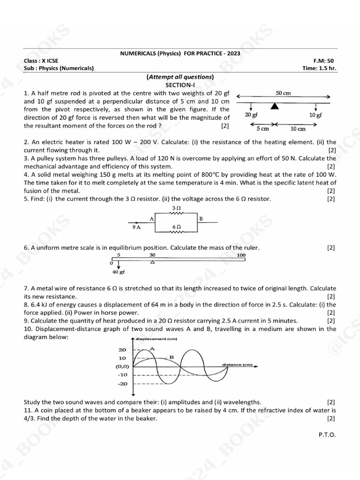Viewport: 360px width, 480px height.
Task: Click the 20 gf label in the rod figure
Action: coord(251,115)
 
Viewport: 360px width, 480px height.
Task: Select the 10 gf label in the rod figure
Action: coord(315,115)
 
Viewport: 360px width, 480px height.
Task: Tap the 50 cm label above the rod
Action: coord(283,93)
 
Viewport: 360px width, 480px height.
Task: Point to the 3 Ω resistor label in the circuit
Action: coord(177,207)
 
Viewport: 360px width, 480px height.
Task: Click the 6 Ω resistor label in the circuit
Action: coord(177,226)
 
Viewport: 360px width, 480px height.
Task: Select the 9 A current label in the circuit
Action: coord(137,226)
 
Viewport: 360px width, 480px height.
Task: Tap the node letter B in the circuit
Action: coord(201,218)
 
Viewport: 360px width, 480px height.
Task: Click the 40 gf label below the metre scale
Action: coord(119,271)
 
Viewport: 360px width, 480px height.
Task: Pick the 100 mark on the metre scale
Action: coord(241,255)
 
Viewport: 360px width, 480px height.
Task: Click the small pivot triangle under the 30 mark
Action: coord(151,262)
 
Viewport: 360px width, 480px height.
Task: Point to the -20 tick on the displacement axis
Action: coord(122,384)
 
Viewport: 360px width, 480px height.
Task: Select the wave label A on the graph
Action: coord(151,349)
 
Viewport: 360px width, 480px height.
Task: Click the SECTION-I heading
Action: coord(180,85)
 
